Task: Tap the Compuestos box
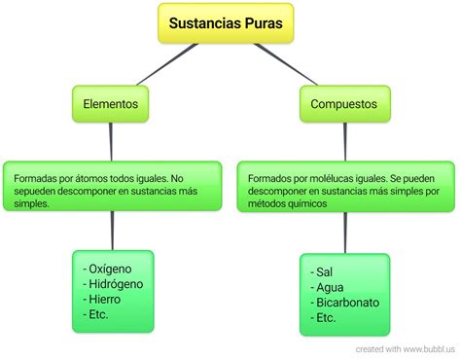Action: pyautogui.click(x=343, y=102)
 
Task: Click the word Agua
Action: pyautogui.click(x=329, y=287)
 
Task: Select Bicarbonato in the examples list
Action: pyautogui.click(x=345, y=303)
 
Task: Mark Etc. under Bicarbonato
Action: pyautogui.click(x=326, y=318)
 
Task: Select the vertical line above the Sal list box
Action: pyautogui.click(x=343, y=234)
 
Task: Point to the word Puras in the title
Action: pyautogui.click(x=263, y=22)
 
